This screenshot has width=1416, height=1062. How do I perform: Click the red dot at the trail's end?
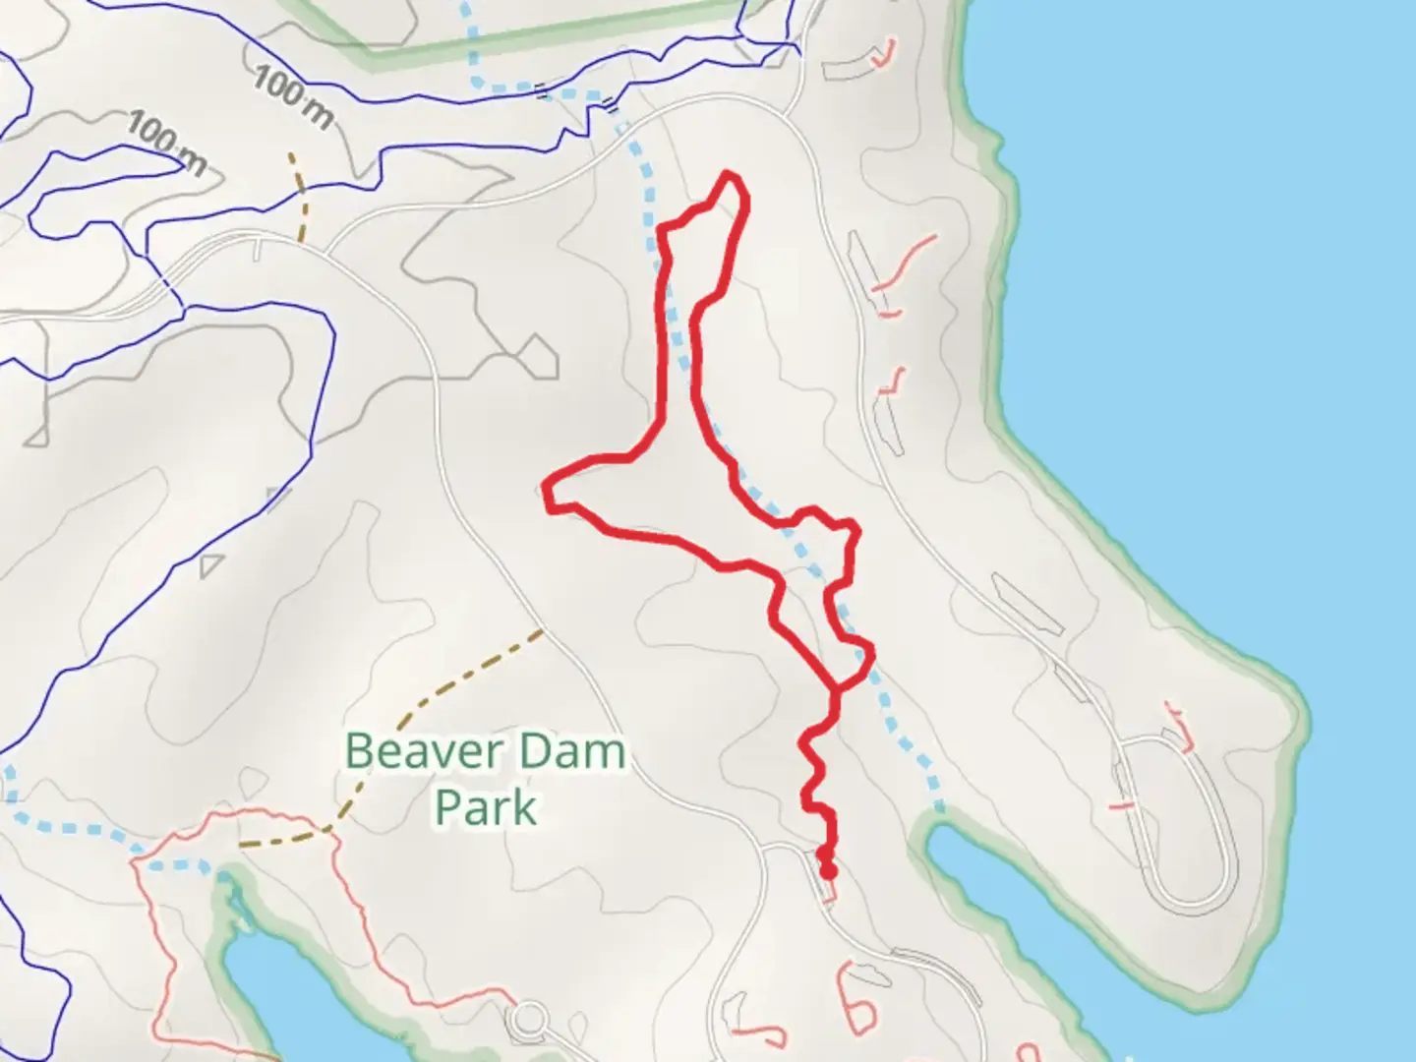[829, 871]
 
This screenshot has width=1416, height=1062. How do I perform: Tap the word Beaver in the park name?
[409, 752]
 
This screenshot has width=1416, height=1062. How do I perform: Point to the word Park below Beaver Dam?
[486, 808]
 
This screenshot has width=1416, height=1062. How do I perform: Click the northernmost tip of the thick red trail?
[729, 174]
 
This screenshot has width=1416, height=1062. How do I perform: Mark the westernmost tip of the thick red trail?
[547, 489]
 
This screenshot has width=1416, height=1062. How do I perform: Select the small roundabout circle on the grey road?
[530, 1018]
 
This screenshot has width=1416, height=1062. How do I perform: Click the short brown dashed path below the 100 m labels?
[299, 197]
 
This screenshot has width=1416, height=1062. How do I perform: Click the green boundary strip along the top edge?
[551, 39]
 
